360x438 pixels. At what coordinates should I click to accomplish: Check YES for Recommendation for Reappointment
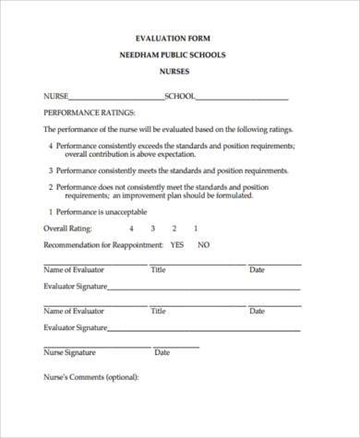coord(177,245)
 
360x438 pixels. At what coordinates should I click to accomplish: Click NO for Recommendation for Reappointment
coord(203,245)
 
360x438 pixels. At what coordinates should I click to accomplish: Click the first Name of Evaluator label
coord(75,270)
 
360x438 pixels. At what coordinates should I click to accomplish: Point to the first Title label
coord(158,270)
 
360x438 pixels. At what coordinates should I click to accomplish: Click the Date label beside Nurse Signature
coord(162,352)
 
